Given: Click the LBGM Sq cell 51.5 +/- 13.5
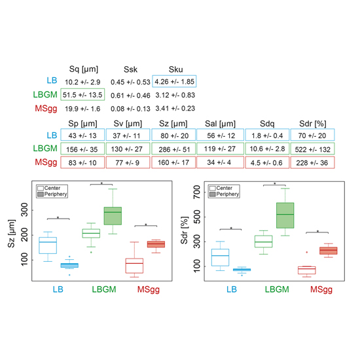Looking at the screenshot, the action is (82, 94).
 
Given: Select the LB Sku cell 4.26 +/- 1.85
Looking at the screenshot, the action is (174, 81).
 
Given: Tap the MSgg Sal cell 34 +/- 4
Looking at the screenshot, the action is (220, 162).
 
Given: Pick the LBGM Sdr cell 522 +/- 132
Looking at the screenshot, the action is (312, 149).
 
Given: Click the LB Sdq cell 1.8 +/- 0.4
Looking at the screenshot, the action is (267, 135).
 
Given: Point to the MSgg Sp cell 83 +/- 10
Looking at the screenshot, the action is (82, 162).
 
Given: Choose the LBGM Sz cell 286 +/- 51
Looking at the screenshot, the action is (173, 149).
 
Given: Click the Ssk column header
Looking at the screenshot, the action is (130, 69).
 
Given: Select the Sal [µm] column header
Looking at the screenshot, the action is (221, 124).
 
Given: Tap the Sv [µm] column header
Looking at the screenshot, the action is (128, 124).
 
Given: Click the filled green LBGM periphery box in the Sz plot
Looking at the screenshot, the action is (113, 216).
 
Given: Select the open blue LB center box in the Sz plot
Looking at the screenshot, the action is (48, 245).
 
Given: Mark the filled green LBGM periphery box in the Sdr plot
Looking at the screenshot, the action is (285, 215).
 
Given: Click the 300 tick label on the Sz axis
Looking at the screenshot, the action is (24, 210).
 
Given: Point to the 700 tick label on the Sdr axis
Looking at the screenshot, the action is (197, 192).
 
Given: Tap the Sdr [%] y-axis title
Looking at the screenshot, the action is (185, 230).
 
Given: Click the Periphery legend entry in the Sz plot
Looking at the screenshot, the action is (52, 194).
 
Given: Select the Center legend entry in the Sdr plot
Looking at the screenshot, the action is (221, 188).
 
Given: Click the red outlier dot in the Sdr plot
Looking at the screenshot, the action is (307, 252).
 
